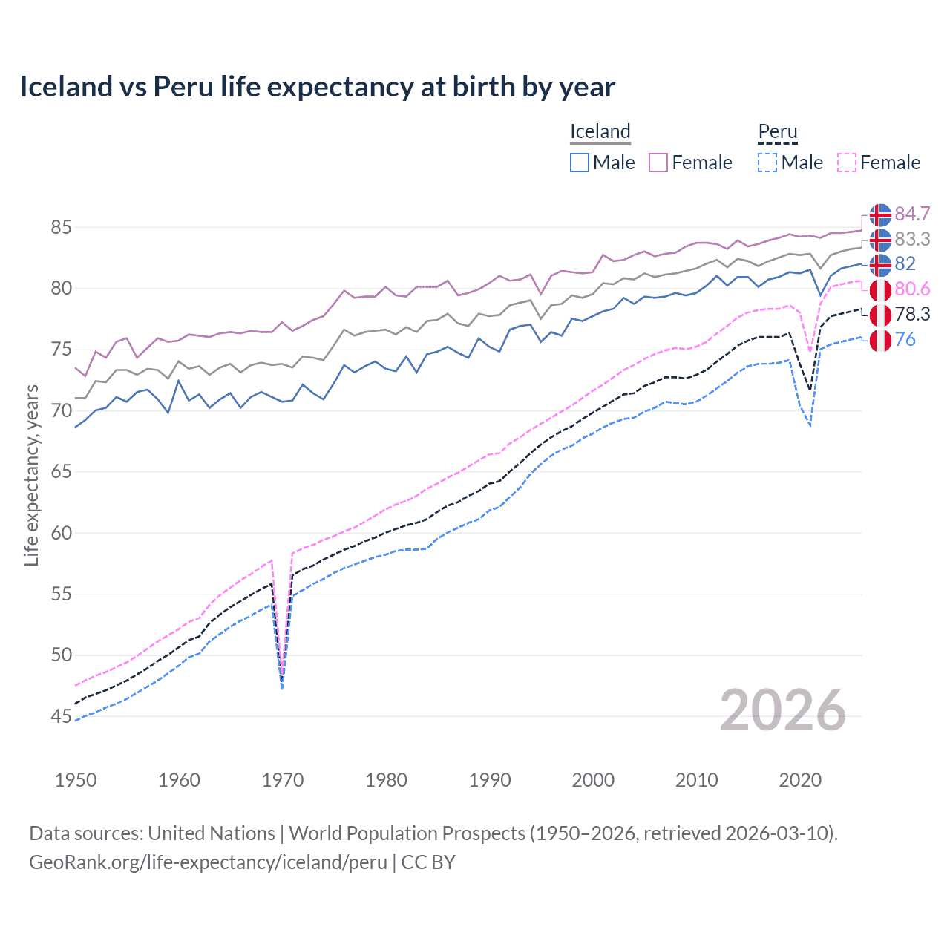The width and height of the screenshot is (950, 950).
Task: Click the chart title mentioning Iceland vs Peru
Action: click(317, 87)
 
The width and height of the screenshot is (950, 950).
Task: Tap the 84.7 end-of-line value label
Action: click(912, 214)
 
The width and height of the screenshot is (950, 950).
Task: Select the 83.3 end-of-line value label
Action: click(912, 240)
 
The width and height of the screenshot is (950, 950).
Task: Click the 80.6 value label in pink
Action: click(912, 289)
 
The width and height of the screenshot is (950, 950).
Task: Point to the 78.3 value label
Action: click(912, 315)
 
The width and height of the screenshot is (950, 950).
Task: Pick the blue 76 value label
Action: click(905, 340)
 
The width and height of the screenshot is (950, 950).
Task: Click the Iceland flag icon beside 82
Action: click(880, 264)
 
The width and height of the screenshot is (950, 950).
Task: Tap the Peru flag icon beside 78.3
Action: click(880, 315)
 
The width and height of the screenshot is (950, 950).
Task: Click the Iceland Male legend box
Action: click(580, 163)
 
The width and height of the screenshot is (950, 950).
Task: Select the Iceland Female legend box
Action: click(658, 163)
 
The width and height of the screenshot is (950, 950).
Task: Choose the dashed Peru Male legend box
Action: click(767, 163)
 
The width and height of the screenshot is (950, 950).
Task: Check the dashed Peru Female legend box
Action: click(847, 163)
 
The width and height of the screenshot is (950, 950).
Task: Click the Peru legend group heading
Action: click(777, 132)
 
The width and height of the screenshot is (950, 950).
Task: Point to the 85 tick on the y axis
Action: click(61, 228)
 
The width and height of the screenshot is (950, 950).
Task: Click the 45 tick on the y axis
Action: click(61, 717)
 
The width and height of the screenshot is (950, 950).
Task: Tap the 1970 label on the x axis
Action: click(283, 780)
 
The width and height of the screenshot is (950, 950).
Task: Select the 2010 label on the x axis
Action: click(696, 780)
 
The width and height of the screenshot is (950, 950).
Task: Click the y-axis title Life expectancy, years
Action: click(32, 475)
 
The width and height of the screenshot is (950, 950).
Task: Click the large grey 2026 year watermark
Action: click(783, 711)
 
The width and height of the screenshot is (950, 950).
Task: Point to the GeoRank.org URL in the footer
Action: click(209, 862)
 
